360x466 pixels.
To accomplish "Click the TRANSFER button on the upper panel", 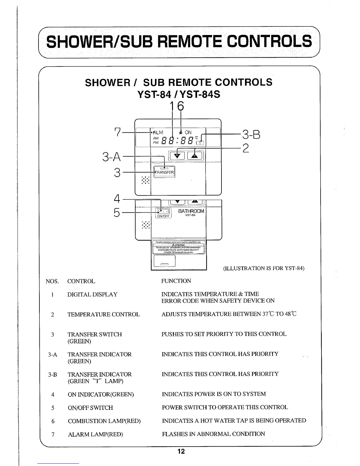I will click(x=164, y=172).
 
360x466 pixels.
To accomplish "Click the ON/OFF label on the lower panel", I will click(x=164, y=216).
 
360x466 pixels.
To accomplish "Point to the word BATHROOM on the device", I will click(x=191, y=211).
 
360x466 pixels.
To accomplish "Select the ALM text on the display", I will click(x=157, y=133).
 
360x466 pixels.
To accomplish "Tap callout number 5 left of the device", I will click(x=117, y=212).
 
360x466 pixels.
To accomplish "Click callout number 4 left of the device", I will click(x=117, y=199).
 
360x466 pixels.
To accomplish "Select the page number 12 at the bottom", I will click(x=181, y=451).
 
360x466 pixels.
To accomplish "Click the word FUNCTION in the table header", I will click(x=176, y=281).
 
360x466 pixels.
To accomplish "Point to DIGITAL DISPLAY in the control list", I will click(x=92, y=294).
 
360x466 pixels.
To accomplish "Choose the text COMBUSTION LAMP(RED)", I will click(x=104, y=421).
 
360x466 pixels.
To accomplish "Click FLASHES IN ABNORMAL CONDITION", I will click(x=213, y=434).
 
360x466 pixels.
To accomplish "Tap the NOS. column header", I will click(x=52, y=281).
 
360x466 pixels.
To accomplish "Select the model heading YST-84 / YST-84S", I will click(x=179, y=95).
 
